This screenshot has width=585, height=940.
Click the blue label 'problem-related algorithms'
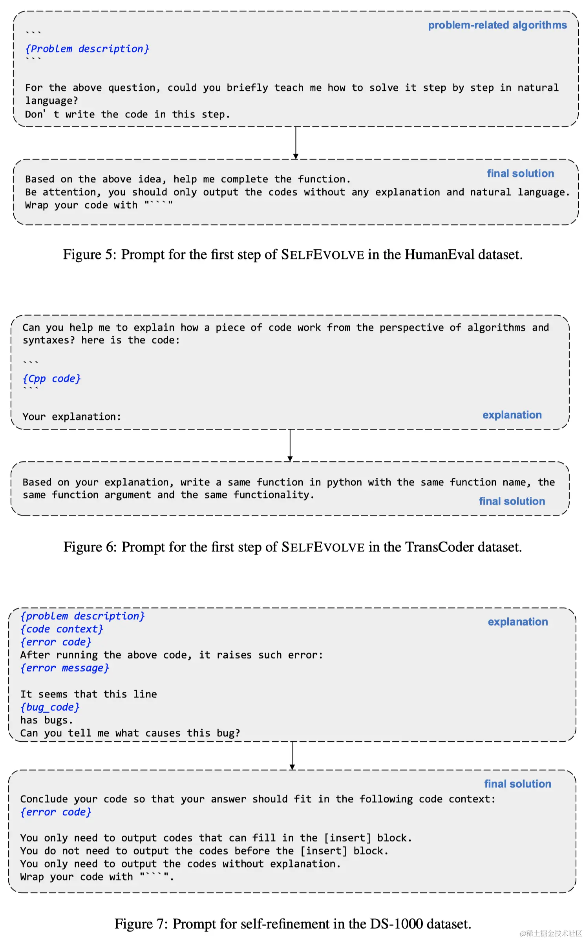tap(497, 25)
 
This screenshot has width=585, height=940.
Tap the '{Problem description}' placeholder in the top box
tap(87, 49)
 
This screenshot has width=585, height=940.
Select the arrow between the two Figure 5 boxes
tap(296, 143)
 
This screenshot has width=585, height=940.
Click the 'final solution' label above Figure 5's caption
tap(520, 173)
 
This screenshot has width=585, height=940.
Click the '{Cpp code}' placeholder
tap(51, 379)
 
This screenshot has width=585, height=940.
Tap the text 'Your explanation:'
tap(71, 416)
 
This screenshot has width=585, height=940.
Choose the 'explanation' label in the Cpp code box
tap(512, 415)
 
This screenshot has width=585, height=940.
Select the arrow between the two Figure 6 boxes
tap(290, 445)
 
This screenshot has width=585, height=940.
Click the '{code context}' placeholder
tap(62, 629)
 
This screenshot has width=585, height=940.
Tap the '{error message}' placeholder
tap(64, 668)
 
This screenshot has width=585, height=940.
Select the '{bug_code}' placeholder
tap(50, 707)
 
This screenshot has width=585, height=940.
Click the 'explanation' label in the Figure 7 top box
tap(517, 622)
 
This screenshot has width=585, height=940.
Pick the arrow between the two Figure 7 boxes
tap(292, 755)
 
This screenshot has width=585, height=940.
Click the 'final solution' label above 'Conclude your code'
tap(517, 784)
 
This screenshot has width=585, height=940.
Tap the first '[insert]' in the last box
tap(347, 838)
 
